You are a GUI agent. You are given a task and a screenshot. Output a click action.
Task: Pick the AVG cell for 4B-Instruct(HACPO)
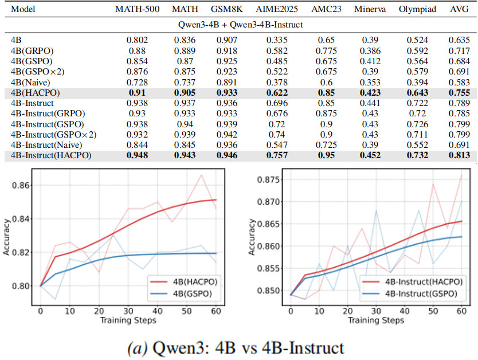(x=459, y=155)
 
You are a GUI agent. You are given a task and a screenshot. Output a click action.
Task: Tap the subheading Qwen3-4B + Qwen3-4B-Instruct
(x=239, y=25)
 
